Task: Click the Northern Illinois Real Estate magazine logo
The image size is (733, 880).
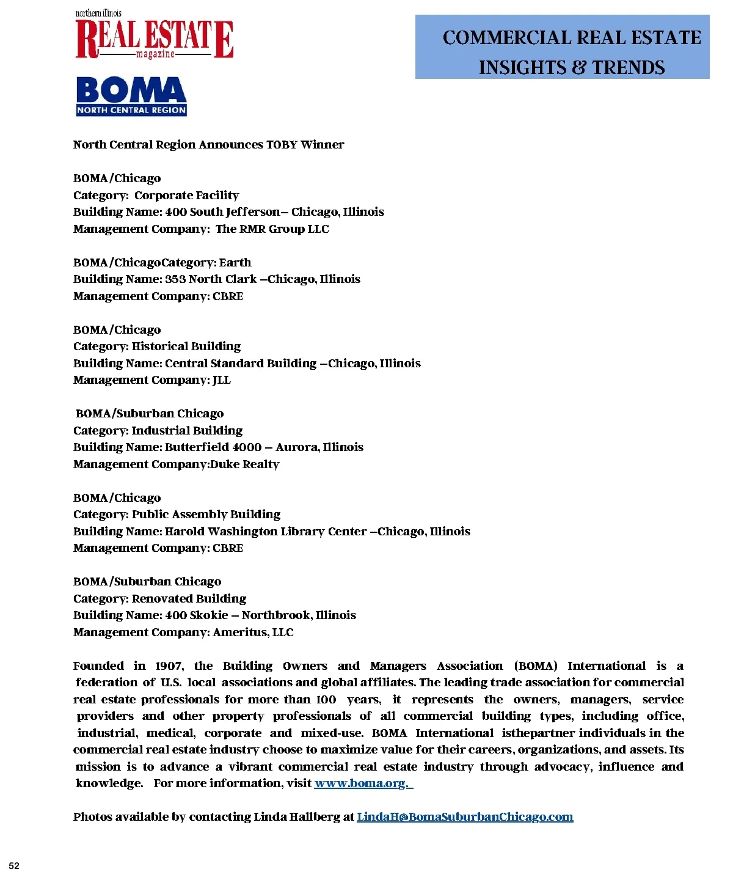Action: pyautogui.click(x=154, y=37)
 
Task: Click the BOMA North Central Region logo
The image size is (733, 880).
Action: pyautogui.click(x=131, y=96)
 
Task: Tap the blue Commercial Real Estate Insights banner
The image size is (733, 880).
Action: pyautogui.click(x=562, y=47)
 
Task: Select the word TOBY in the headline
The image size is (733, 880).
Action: pyautogui.click(x=282, y=145)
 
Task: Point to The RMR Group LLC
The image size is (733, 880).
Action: pyautogui.click(x=272, y=229)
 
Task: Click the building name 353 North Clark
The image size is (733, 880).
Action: pyautogui.click(x=211, y=279)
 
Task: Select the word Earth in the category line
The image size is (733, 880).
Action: pyautogui.click(x=235, y=263)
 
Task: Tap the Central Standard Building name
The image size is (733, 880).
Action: pyautogui.click(x=241, y=364)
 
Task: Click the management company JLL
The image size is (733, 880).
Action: pyautogui.click(x=222, y=380)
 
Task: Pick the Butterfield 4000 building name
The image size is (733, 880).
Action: pyautogui.click(x=213, y=447)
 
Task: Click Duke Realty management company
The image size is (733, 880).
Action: pyautogui.click(x=244, y=464)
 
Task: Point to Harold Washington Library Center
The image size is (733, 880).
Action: pyautogui.click(x=266, y=532)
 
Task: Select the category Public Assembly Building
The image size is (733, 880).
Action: pyautogui.click(x=206, y=515)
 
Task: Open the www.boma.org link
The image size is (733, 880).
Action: pyautogui.click(x=363, y=783)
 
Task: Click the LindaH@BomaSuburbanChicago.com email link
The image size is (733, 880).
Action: pyautogui.click(x=465, y=817)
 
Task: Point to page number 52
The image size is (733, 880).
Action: pyautogui.click(x=14, y=866)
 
